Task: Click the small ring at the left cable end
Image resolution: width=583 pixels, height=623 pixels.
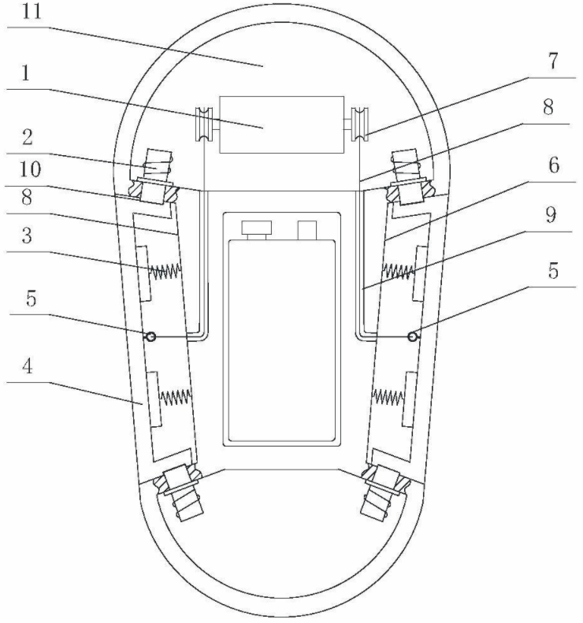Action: [149, 336]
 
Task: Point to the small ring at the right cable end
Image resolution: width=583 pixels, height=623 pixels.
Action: [413, 336]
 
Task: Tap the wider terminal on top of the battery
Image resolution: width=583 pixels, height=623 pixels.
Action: [256, 228]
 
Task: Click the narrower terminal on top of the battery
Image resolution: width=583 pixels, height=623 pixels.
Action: [307, 229]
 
